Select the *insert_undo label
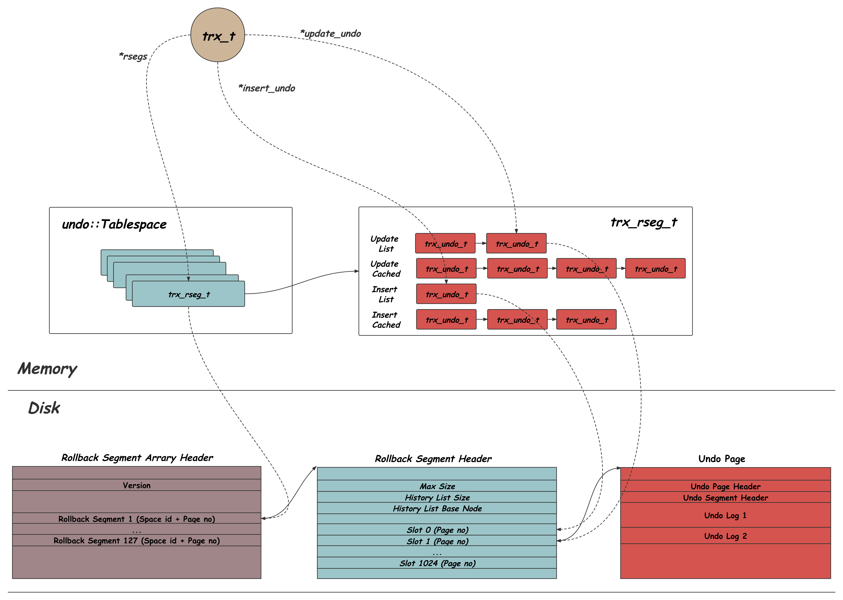[267, 88]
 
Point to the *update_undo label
[331, 34]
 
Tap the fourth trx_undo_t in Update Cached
[655, 269]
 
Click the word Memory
[47, 369]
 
